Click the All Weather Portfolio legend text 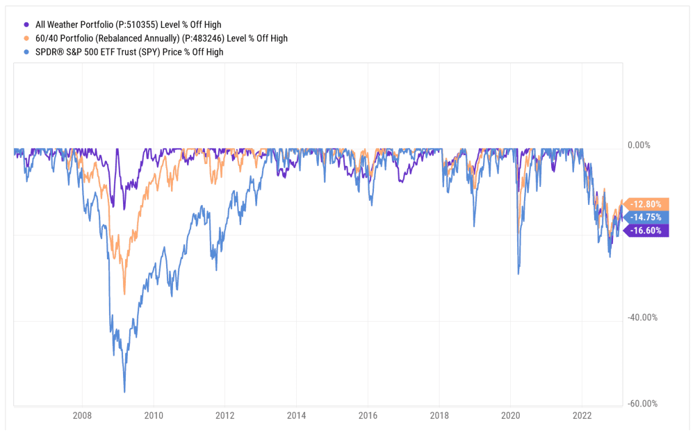coord(128,25)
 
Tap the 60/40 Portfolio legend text coord(161,38)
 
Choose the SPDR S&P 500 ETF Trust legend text coord(129,52)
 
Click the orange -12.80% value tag coord(647,204)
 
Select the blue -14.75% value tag coord(647,217)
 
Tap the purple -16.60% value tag coord(647,231)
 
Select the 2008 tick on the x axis coord(82,417)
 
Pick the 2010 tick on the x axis coord(154,417)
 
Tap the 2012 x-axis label coord(225,417)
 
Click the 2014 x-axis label coord(296,417)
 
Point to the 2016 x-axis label coord(368,417)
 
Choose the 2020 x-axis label coord(510,417)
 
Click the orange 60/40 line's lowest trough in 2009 coord(124,294)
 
